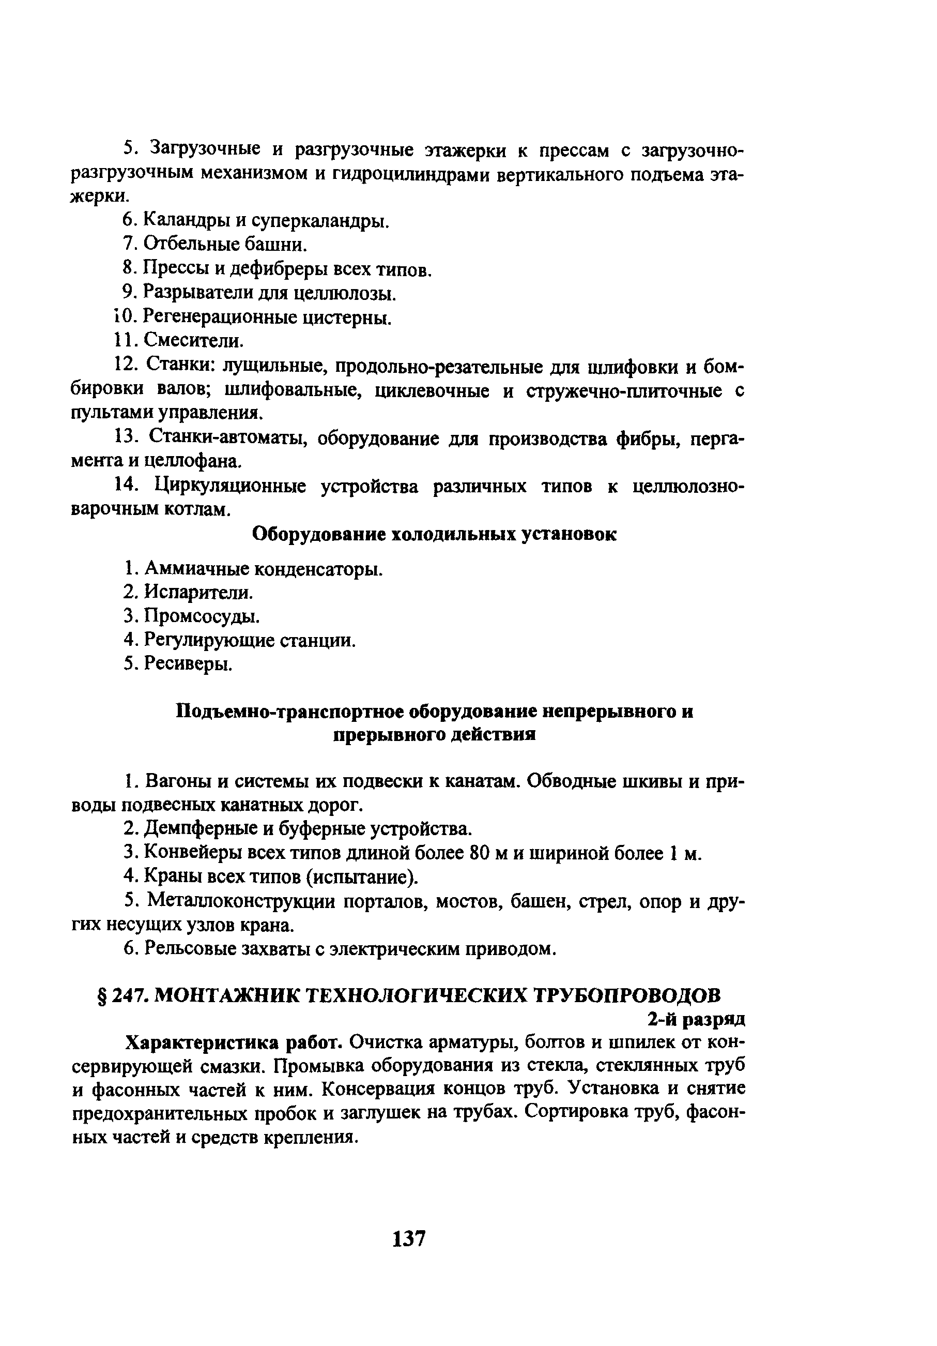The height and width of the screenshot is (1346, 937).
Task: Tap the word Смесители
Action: point(193,341)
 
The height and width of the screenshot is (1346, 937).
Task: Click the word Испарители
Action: point(198,593)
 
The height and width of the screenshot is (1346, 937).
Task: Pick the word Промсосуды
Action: point(202,617)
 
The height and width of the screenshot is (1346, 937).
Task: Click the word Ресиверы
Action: point(188,664)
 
